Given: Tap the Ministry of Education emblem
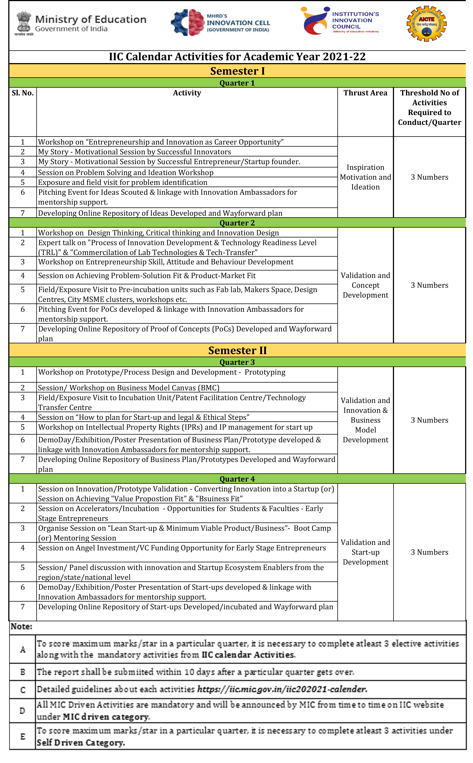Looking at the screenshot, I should click(x=24, y=24).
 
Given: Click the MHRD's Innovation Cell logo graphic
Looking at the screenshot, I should click(x=188, y=22).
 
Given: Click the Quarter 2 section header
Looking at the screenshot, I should click(x=237, y=223).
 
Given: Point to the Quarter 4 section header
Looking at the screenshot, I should click(x=237, y=479).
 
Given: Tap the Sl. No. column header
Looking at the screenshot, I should click(x=22, y=93).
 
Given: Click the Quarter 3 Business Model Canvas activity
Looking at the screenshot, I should click(x=129, y=388).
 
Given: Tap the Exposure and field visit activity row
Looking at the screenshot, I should click(x=123, y=183).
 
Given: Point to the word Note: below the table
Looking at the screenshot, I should click(x=21, y=626).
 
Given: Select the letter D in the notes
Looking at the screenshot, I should click(x=22, y=711).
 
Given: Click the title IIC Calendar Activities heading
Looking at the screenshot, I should click(x=237, y=57).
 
